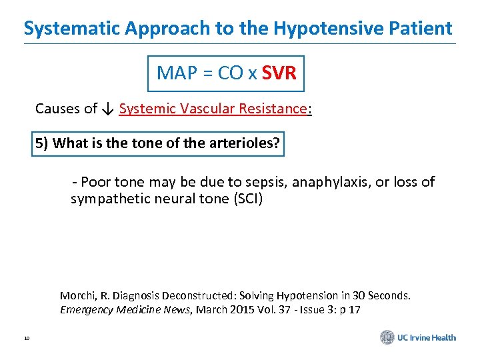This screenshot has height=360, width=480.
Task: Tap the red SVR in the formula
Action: pos(279,73)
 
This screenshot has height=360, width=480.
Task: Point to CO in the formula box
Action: pos(231,73)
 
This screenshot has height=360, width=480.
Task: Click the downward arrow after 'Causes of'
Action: pos(108,109)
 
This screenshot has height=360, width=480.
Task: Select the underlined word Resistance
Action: pos(273,109)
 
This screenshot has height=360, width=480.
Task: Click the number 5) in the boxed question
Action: pos(41,143)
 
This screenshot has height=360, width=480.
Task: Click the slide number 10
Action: pos(26,339)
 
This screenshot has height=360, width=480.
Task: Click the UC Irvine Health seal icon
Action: pos(387,337)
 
